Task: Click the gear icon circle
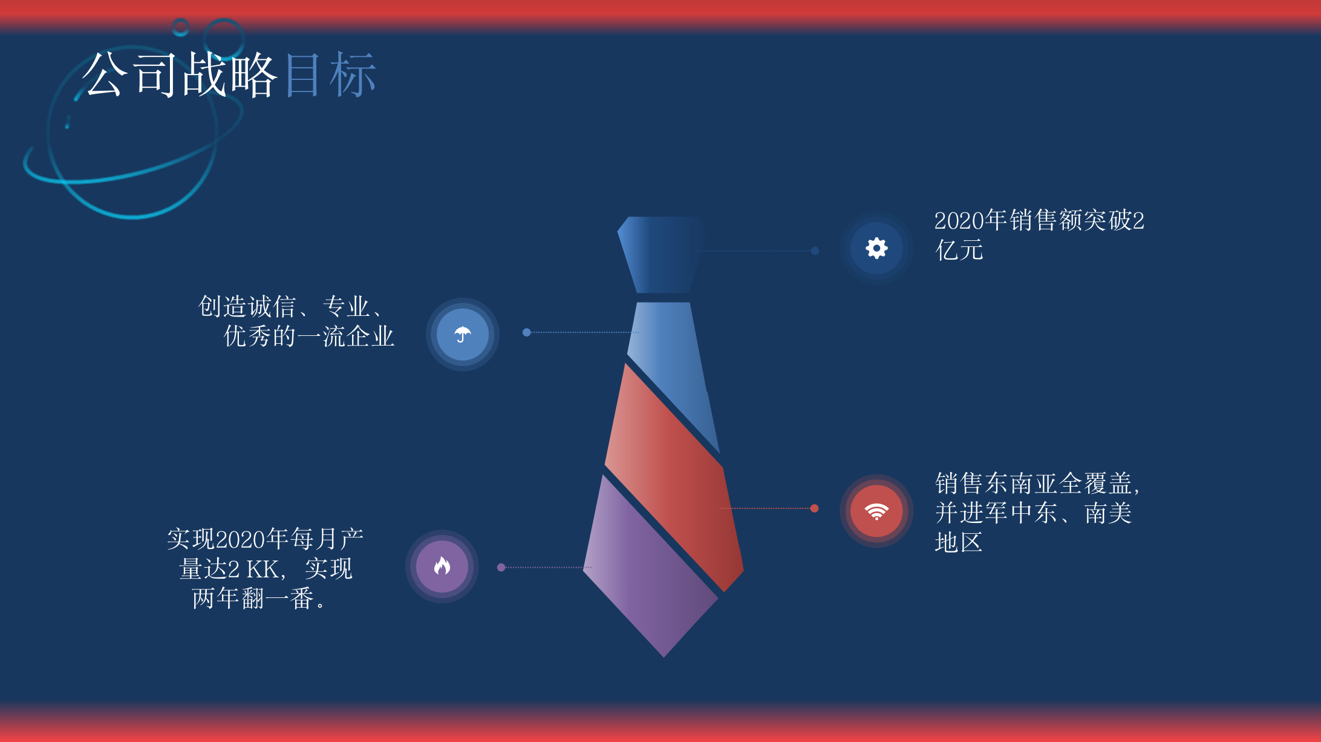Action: tap(876, 248)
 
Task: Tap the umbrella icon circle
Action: tap(463, 334)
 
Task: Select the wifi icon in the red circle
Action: tap(876, 511)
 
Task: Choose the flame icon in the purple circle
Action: tap(442, 566)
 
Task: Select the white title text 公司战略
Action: tap(180, 75)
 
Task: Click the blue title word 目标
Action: tap(330, 75)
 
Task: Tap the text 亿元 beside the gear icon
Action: tap(959, 249)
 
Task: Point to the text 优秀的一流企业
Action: tap(308, 336)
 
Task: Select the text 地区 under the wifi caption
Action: tap(959, 542)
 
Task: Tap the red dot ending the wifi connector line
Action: tap(814, 508)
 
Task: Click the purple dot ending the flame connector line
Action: tap(501, 567)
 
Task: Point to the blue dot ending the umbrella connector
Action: tap(527, 332)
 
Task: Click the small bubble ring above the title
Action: tap(180, 27)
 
